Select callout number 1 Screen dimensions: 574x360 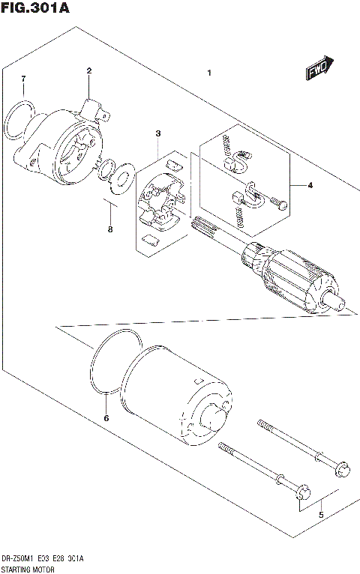pyautogui.click(x=210, y=73)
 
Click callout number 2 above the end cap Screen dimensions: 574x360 pyautogui.click(x=88, y=71)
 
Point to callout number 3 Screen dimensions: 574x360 pyautogui.click(x=158, y=133)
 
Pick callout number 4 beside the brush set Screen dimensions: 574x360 pyautogui.click(x=309, y=185)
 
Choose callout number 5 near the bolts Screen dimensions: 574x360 pyautogui.click(x=321, y=515)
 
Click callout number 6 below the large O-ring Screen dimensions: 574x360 pyautogui.click(x=106, y=417)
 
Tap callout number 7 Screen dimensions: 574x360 pyautogui.click(x=23, y=79)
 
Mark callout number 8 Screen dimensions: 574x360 pyautogui.click(x=109, y=229)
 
